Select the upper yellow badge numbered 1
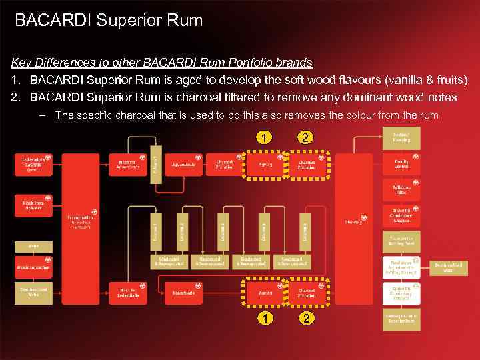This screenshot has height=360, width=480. click(x=265, y=138)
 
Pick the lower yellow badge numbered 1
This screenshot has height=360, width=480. click(x=265, y=319)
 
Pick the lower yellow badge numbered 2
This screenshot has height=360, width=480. click(x=306, y=319)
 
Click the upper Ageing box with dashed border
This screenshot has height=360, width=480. click(x=265, y=165)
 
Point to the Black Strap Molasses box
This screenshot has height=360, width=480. click(x=34, y=205)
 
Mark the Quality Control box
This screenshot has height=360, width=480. click(x=401, y=165)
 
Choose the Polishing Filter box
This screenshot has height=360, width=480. click(x=401, y=190)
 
